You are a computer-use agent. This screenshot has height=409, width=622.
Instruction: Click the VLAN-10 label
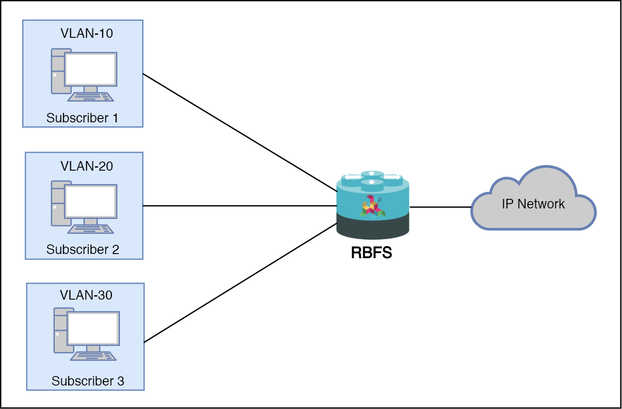pos(86,33)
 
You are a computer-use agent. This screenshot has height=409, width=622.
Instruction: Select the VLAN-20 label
pos(86,166)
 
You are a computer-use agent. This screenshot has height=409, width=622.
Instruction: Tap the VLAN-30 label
pos(86,295)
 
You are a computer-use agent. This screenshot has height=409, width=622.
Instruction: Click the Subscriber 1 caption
pos(82,118)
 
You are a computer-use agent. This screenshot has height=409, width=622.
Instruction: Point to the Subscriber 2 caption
pos(83,250)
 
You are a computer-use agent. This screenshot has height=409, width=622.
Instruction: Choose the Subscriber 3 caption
pos(88,381)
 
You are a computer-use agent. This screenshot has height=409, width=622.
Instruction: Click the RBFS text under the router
pos(371,253)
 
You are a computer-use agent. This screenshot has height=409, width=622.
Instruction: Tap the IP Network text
pos(533,204)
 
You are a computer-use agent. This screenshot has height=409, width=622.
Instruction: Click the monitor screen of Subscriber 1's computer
pos(90,69)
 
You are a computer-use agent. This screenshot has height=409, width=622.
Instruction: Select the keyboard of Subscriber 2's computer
pos(91,229)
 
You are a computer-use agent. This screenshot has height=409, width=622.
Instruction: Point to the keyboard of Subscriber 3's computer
pos(93,356)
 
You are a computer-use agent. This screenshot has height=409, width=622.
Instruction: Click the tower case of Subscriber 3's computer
pos(60,330)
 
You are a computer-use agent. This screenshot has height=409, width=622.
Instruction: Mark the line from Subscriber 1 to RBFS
pos(239,132)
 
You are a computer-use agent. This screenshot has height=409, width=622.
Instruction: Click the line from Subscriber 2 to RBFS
pos(239,206)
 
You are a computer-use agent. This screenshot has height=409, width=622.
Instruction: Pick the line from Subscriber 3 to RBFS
pos(239,283)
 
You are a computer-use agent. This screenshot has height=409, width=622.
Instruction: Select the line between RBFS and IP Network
pos(440,207)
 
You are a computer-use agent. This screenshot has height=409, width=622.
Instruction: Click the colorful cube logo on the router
pos(372,206)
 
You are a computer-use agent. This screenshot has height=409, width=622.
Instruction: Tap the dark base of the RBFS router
pos(373,228)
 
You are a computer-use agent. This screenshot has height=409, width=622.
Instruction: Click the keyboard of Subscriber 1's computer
pos(91,97)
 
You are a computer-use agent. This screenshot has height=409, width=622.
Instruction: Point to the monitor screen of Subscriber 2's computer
pos(90,202)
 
